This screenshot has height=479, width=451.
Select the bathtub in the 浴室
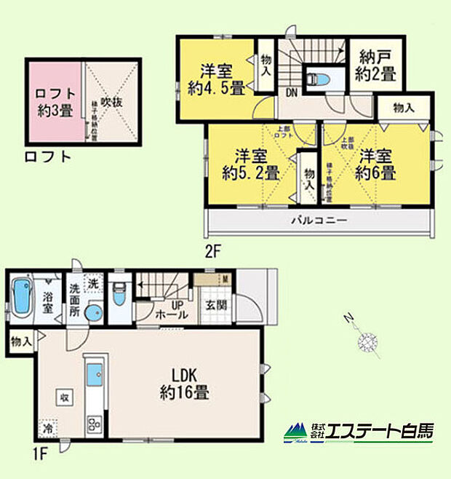23,299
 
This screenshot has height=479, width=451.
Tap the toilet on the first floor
121,298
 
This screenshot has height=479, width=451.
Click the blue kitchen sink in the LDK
95,376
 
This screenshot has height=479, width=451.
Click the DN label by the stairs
291,92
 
